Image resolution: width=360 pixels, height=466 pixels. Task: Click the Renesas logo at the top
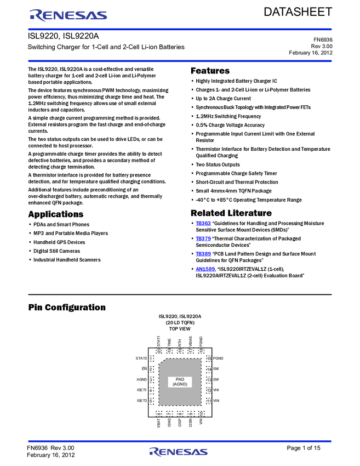point(68,15)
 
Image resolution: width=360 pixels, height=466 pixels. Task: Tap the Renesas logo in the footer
point(179,452)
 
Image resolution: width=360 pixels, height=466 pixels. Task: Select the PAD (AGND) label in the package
point(180,382)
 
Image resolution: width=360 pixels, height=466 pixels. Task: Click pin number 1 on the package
point(151,359)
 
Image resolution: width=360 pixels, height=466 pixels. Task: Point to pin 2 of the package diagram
point(151,369)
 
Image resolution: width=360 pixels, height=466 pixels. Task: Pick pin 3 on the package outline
point(151,379)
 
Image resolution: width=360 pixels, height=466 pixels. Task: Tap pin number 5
point(151,401)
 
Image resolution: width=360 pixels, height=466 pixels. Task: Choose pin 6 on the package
point(159,413)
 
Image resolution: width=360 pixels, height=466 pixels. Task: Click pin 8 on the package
point(180,413)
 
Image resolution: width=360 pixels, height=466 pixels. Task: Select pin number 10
point(201,413)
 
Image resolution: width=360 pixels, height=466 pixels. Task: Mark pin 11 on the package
point(209,401)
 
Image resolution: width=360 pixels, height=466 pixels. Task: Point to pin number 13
point(209,379)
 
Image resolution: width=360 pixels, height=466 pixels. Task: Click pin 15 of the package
point(209,359)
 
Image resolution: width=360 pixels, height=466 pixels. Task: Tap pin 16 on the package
point(201,351)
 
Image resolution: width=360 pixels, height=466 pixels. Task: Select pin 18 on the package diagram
point(180,351)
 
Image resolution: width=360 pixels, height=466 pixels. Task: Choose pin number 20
point(159,351)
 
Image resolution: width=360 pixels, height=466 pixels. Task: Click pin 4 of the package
point(151,390)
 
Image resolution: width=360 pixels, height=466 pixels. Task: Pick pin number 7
point(169,413)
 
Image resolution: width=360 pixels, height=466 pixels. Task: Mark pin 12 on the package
point(209,390)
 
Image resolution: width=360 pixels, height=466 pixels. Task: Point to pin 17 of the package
point(191,351)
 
